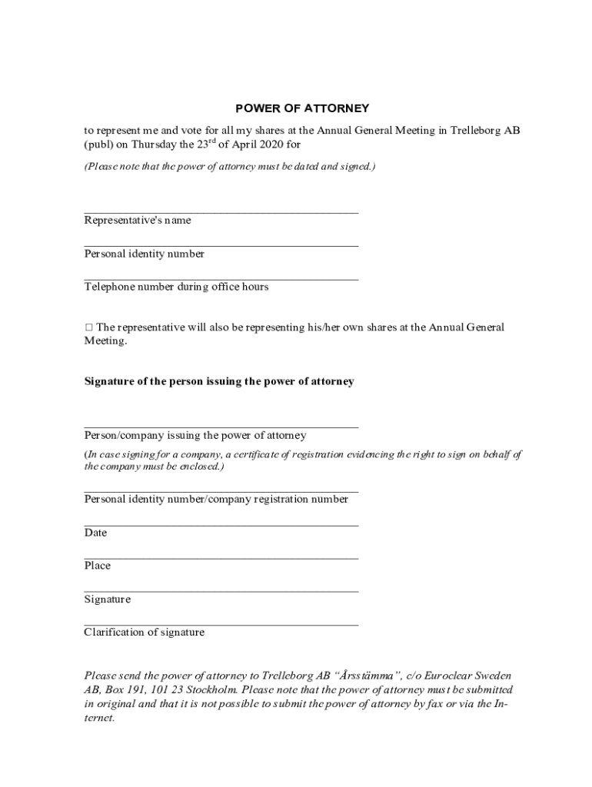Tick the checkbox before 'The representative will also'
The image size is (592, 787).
(88, 328)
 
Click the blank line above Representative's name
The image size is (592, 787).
(221, 211)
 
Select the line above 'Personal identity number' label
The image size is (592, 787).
(221, 245)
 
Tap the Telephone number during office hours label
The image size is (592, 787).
(176, 287)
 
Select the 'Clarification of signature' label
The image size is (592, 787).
(145, 633)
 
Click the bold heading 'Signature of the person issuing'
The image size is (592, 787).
(219, 381)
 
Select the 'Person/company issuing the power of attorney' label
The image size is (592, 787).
(195, 435)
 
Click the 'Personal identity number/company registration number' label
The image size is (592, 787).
(216, 499)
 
